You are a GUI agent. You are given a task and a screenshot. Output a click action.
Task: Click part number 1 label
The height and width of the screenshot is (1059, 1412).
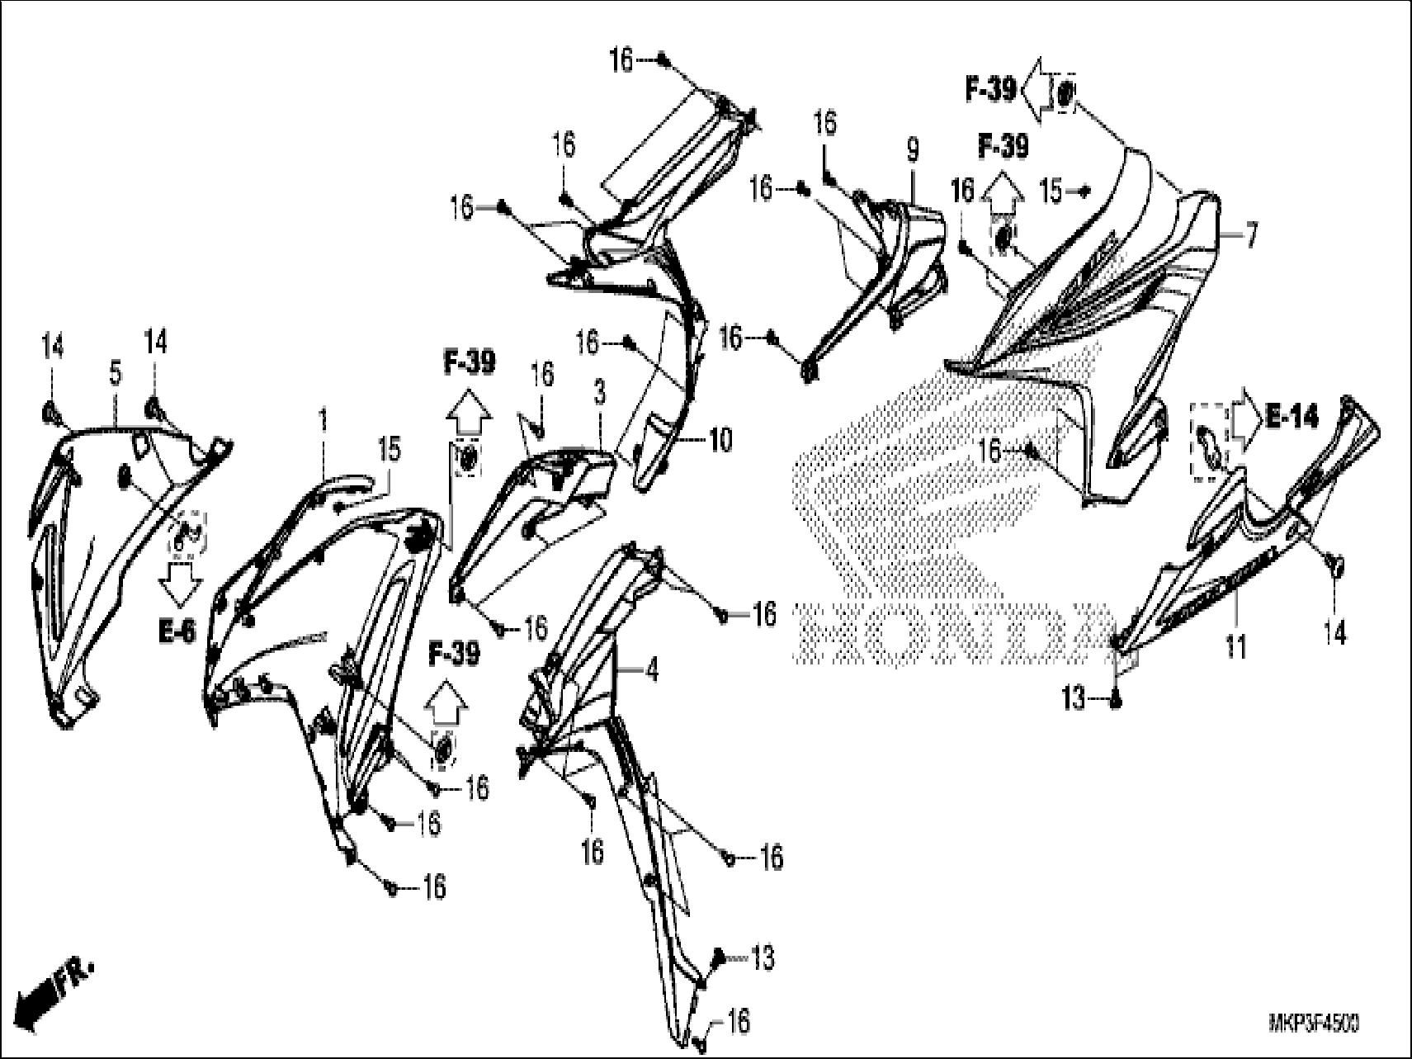point(324,421)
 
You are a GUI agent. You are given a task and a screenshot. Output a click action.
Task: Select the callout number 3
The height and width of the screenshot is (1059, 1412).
point(599,393)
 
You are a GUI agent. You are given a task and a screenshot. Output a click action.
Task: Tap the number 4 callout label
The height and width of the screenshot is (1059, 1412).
point(652,672)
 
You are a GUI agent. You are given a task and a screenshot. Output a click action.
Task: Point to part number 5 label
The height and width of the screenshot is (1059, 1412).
point(115,374)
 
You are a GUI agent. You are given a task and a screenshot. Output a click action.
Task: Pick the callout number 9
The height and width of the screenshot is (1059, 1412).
point(911,150)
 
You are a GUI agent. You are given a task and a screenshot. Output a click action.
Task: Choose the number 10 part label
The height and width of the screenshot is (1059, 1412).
point(720,441)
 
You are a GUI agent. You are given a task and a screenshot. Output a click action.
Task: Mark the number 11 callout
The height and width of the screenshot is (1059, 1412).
point(1235,646)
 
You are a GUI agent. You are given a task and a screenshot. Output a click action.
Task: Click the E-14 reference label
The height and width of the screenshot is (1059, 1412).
point(1293,418)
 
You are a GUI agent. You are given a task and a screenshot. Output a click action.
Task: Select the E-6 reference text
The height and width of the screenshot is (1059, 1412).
point(177,633)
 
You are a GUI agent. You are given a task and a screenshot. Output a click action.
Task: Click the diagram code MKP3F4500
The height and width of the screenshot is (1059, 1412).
point(1314,1024)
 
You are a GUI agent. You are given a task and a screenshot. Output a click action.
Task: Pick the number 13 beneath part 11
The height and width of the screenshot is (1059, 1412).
point(1074,700)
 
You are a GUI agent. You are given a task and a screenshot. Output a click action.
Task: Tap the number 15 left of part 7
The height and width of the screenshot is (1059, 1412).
point(1051,191)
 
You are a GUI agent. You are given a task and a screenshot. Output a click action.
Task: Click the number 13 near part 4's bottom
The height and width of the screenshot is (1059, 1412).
point(763,958)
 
